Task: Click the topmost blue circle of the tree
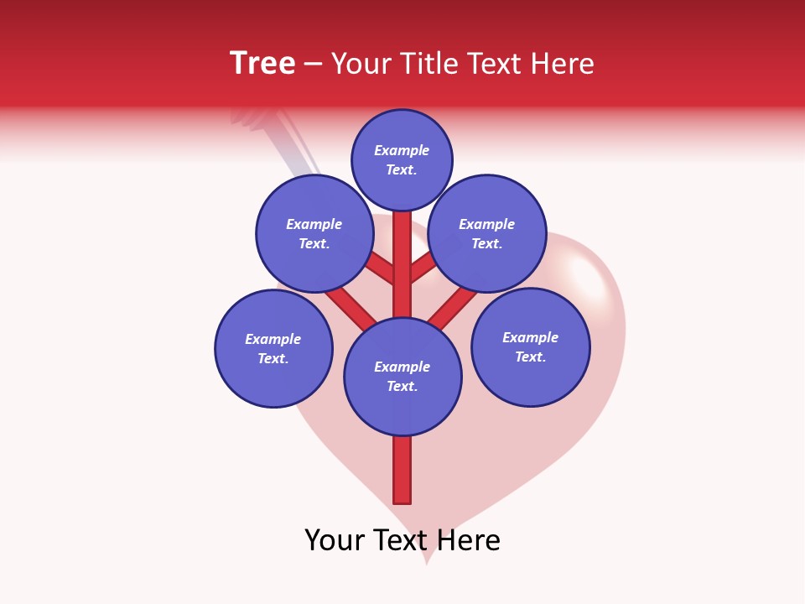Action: pyautogui.click(x=402, y=159)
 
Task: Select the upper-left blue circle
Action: pyautogui.click(x=314, y=233)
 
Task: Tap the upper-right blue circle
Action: pyautogui.click(x=487, y=233)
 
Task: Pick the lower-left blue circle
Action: pyautogui.click(x=273, y=348)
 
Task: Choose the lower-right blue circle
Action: pyautogui.click(x=531, y=346)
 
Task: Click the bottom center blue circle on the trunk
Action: pyautogui.click(x=402, y=376)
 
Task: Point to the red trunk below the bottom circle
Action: pyautogui.click(x=402, y=470)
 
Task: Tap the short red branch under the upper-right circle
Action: pyautogui.click(x=423, y=268)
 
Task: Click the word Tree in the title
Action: pyautogui.click(x=262, y=64)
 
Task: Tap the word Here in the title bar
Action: pyautogui.click(x=562, y=64)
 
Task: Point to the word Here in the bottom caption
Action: pyautogui.click(x=468, y=540)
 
